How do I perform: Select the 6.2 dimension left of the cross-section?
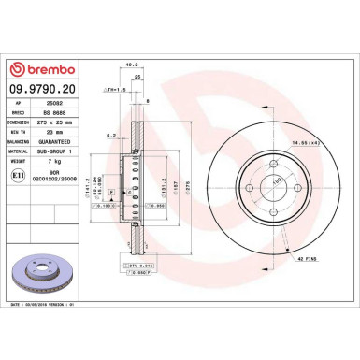coord(110,136)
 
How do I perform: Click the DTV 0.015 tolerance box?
coord(140,266)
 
